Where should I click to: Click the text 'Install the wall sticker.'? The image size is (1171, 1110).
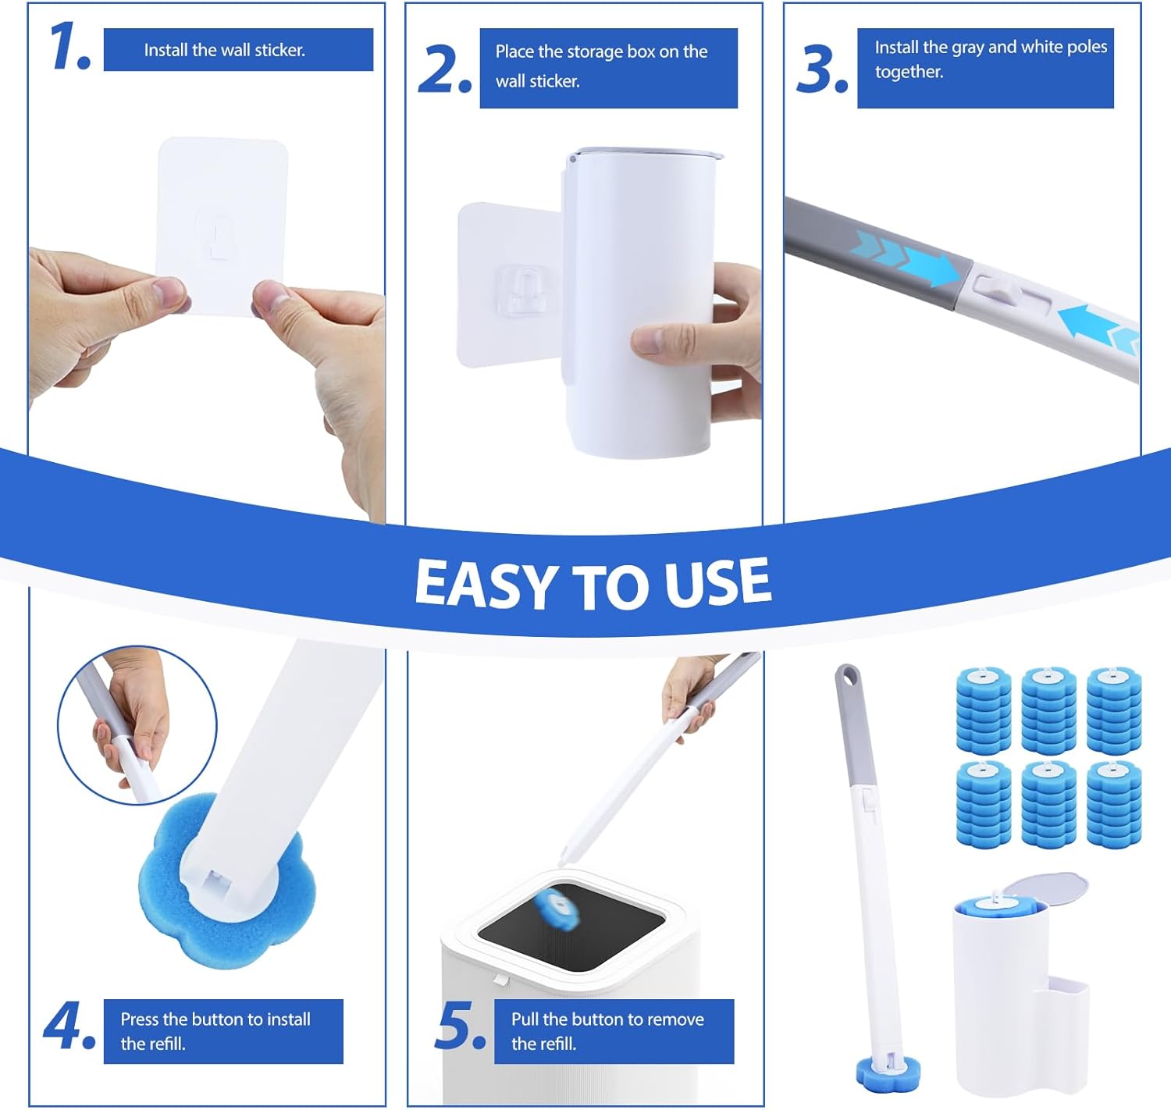[x=225, y=50]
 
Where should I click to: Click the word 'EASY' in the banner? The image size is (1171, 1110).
[x=485, y=584]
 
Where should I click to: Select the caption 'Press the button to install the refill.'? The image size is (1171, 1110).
[x=215, y=1031]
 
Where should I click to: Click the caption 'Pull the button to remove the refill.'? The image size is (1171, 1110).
[x=607, y=1031]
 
